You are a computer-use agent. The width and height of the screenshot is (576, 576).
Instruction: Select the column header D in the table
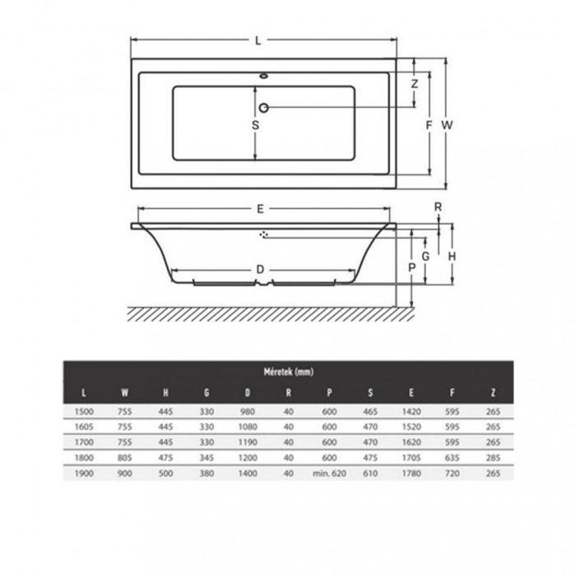point(248,392)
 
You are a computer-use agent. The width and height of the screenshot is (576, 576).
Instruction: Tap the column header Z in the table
point(493,392)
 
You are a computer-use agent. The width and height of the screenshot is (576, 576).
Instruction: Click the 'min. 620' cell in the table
point(329,473)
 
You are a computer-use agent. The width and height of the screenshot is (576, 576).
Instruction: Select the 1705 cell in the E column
point(411,458)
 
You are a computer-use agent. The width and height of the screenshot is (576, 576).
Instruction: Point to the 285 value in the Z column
point(493,458)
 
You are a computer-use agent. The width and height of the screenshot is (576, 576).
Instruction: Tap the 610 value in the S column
point(370,473)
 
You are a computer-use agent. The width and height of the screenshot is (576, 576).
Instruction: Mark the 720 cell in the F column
point(452,473)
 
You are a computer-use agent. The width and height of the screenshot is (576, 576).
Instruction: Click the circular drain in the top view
point(263,108)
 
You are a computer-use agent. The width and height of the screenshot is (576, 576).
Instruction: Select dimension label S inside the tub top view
point(255,126)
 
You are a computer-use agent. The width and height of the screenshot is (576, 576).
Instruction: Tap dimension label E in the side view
point(261,209)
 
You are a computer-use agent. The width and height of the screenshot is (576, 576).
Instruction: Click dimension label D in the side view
point(259,270)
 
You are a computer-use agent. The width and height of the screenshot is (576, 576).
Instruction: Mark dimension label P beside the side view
point(411,267)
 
